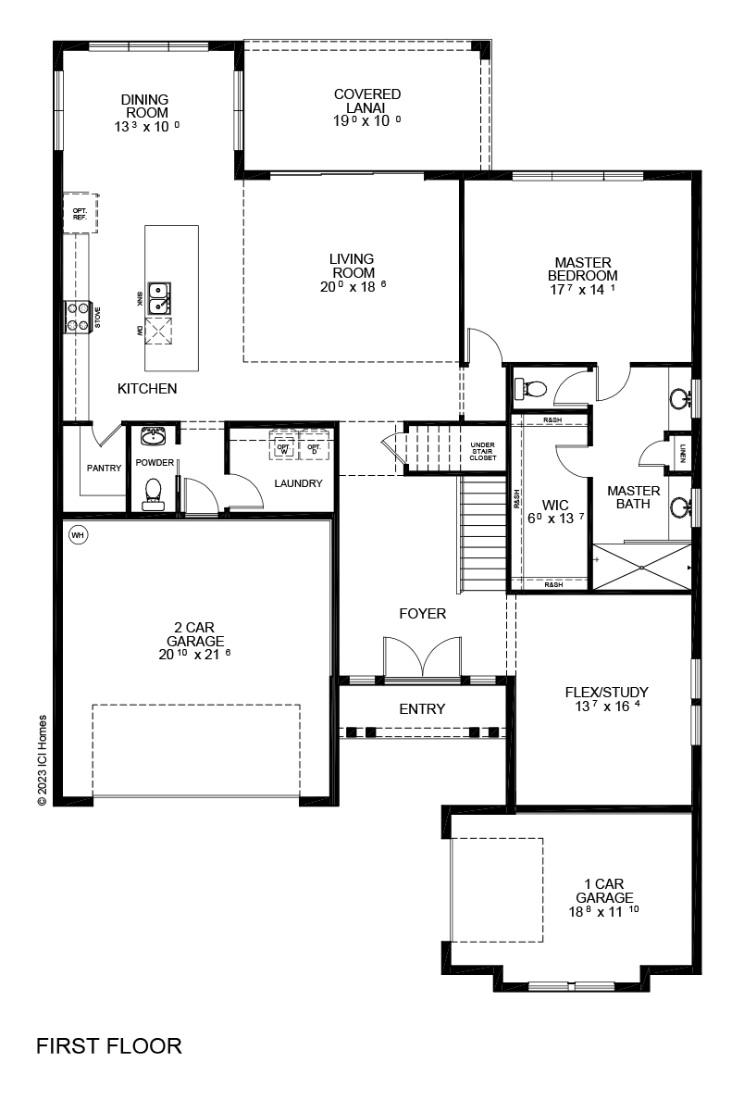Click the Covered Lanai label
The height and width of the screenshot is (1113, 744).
tap(367, 100)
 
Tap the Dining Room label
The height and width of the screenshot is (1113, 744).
tap(144, 106)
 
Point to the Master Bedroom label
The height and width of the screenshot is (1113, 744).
tap(582, 269)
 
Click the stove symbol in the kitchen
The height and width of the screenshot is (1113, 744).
tap(77, 316)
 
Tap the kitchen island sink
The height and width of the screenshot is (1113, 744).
tap(160, 297)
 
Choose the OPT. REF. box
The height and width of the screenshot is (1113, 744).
tap(80, 213)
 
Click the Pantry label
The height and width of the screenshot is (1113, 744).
tap(104, 468)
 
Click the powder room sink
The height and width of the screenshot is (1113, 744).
tap(153, 435)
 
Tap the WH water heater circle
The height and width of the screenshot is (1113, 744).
tap(78, 535)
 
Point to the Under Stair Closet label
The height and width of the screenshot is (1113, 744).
tap(482, 452)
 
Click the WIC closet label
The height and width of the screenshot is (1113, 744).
tap(555, 506)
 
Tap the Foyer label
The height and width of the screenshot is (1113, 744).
tap(422, 613)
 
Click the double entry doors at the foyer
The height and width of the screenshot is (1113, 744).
tap(422, 658)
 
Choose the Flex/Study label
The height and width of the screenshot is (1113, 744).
tap(606, 692)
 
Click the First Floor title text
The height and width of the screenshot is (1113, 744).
tap(108, 1046)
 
